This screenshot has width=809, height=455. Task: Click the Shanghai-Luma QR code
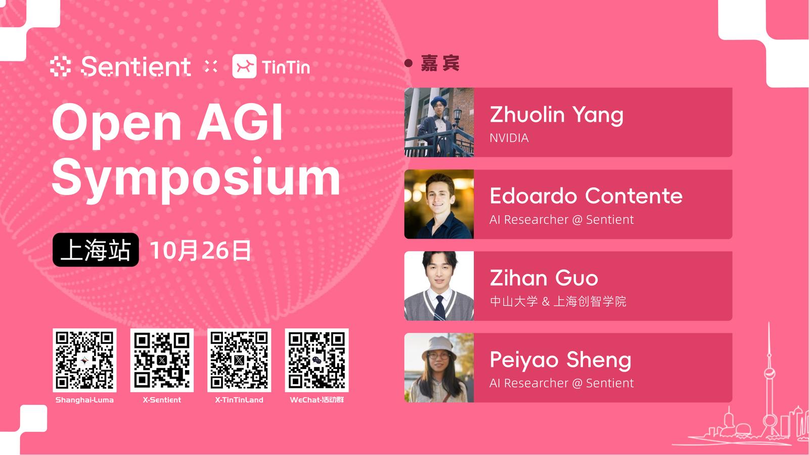[84, 360]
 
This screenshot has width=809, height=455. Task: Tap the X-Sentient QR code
[162, 360]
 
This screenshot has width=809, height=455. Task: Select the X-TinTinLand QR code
[239, 360]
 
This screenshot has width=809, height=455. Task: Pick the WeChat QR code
[317, 360]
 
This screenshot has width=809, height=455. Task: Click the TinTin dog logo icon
[245, 66]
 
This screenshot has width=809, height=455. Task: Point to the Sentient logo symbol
[60, 66]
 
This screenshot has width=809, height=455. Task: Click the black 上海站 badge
[96, 250]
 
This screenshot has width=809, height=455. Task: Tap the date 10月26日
[200, 250]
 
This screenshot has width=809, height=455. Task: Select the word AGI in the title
[240, 122]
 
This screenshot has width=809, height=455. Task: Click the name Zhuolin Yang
[557, 115]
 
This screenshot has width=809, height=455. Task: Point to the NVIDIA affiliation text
[509, 138]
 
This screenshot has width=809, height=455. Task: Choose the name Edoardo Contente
[586, 196]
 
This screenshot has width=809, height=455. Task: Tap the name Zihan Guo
[544, 278]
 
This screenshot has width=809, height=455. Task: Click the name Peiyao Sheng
[561, 360]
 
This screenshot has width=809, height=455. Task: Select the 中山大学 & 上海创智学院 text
[558, 301]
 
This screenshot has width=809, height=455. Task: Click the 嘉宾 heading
[440, 63]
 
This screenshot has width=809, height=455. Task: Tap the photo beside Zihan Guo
[439, 286]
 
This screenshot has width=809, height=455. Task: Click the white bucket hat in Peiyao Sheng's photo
[438, 347]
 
